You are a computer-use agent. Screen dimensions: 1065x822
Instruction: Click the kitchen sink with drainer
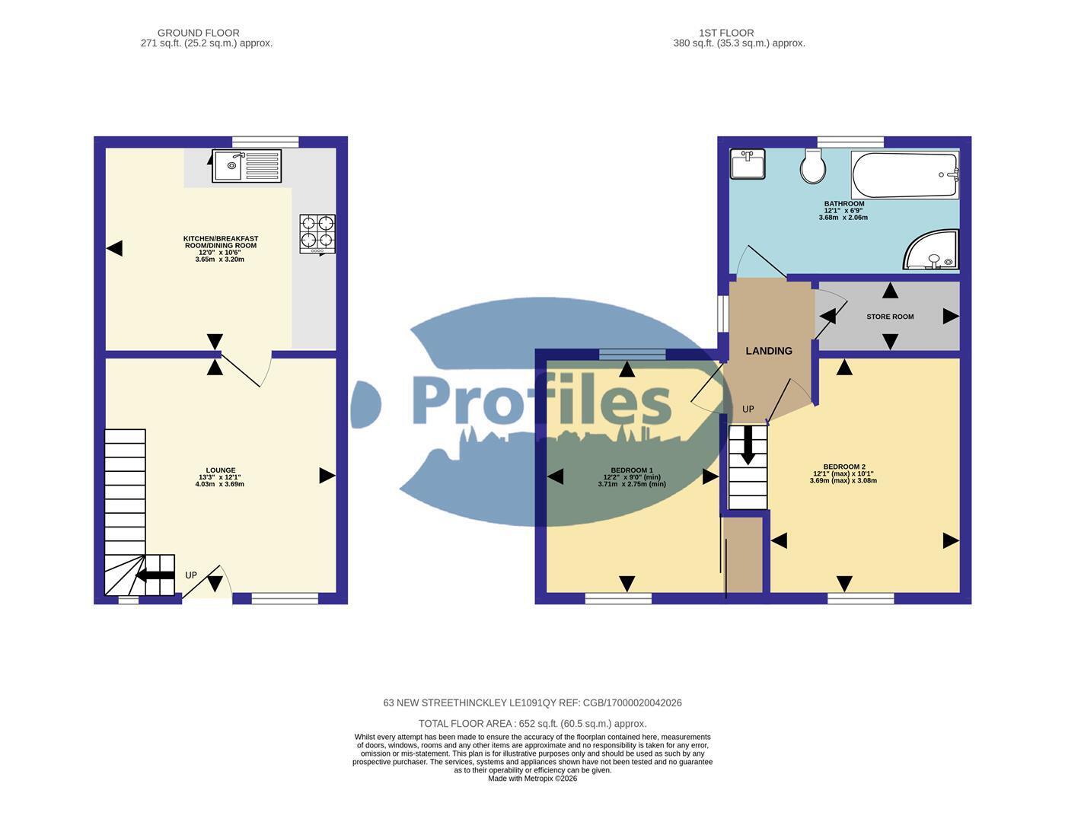point(247,166)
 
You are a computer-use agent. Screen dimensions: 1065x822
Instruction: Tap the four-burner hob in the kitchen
point(317,234)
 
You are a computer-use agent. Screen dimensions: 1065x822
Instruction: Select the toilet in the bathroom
point(812,166)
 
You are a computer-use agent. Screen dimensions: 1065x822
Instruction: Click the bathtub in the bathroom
point(904,174)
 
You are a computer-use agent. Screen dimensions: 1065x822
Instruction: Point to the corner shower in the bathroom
point(931,250)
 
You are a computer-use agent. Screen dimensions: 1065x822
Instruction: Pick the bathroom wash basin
point(747,164)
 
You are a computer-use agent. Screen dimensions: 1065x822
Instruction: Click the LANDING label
point(768,351)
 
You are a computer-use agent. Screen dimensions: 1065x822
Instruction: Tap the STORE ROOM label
point(890,317)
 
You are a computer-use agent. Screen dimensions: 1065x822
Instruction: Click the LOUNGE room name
point(221,470)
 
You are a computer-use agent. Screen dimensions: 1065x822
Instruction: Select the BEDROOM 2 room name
point(844,467)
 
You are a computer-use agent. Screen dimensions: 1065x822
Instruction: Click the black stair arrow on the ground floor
point(155,575)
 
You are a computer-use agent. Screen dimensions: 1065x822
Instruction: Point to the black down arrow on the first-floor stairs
point(748,445)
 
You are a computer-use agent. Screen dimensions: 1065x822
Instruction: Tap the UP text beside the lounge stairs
point(191,575)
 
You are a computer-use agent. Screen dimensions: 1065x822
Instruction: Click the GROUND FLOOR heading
point(199,33)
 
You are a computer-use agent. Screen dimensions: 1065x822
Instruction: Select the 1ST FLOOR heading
point(725,33)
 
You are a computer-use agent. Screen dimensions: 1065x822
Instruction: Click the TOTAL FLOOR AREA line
point(532,724)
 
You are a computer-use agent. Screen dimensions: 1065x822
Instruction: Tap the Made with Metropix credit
point(532,779)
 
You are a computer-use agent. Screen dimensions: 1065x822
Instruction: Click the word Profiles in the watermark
point(541,400)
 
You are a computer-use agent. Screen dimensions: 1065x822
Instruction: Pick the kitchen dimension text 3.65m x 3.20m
point(219,259)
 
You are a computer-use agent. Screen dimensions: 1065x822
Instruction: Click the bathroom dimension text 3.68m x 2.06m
point(843,218)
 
